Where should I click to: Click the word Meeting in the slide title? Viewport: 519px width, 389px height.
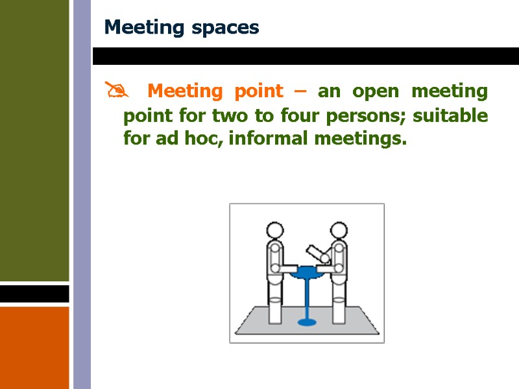pos(141,28)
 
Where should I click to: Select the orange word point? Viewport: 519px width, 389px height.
pos(258,91)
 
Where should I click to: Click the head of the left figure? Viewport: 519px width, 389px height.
pos(275,231)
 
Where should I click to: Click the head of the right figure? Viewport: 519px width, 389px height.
pos(339,231)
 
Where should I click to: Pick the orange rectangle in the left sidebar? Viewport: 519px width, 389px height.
pos(34,348)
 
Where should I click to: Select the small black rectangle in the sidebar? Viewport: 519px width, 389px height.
pos(34,294)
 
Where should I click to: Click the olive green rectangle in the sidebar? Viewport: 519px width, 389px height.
pos(34,140)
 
